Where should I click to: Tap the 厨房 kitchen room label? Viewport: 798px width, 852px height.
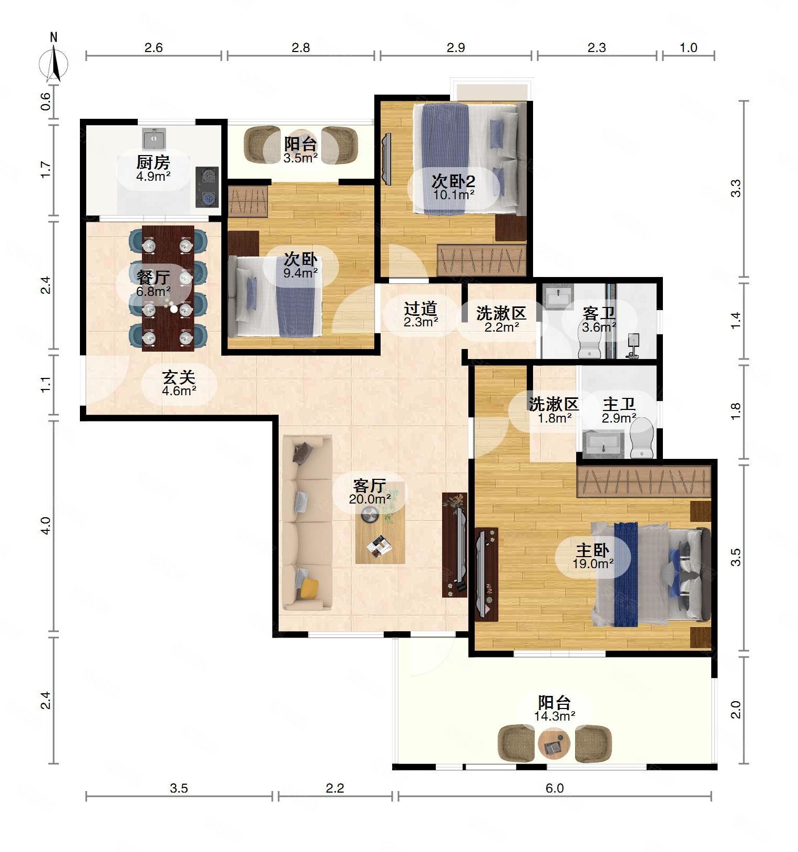click(153, 162)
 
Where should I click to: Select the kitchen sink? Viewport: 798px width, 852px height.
click(154, 138)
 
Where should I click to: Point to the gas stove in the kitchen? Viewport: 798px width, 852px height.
click(207, 186)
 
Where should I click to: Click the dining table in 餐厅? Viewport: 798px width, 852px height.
click(168, 288)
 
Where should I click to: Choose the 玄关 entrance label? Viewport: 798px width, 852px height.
click(179, 377)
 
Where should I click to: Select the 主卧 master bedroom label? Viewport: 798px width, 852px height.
click(593, 551)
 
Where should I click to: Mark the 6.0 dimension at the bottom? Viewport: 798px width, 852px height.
click(555, 788)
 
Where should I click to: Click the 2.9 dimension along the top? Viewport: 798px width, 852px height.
click(456, 47)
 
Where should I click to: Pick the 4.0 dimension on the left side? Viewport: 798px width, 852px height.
click(46, 526)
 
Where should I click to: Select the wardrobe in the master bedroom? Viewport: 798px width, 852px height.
click(644, 481)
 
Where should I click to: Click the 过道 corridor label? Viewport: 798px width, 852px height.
click(421, 308)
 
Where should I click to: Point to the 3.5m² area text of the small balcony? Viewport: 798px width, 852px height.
click(301, 158)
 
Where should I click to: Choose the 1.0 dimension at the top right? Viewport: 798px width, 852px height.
click(688, 47)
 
